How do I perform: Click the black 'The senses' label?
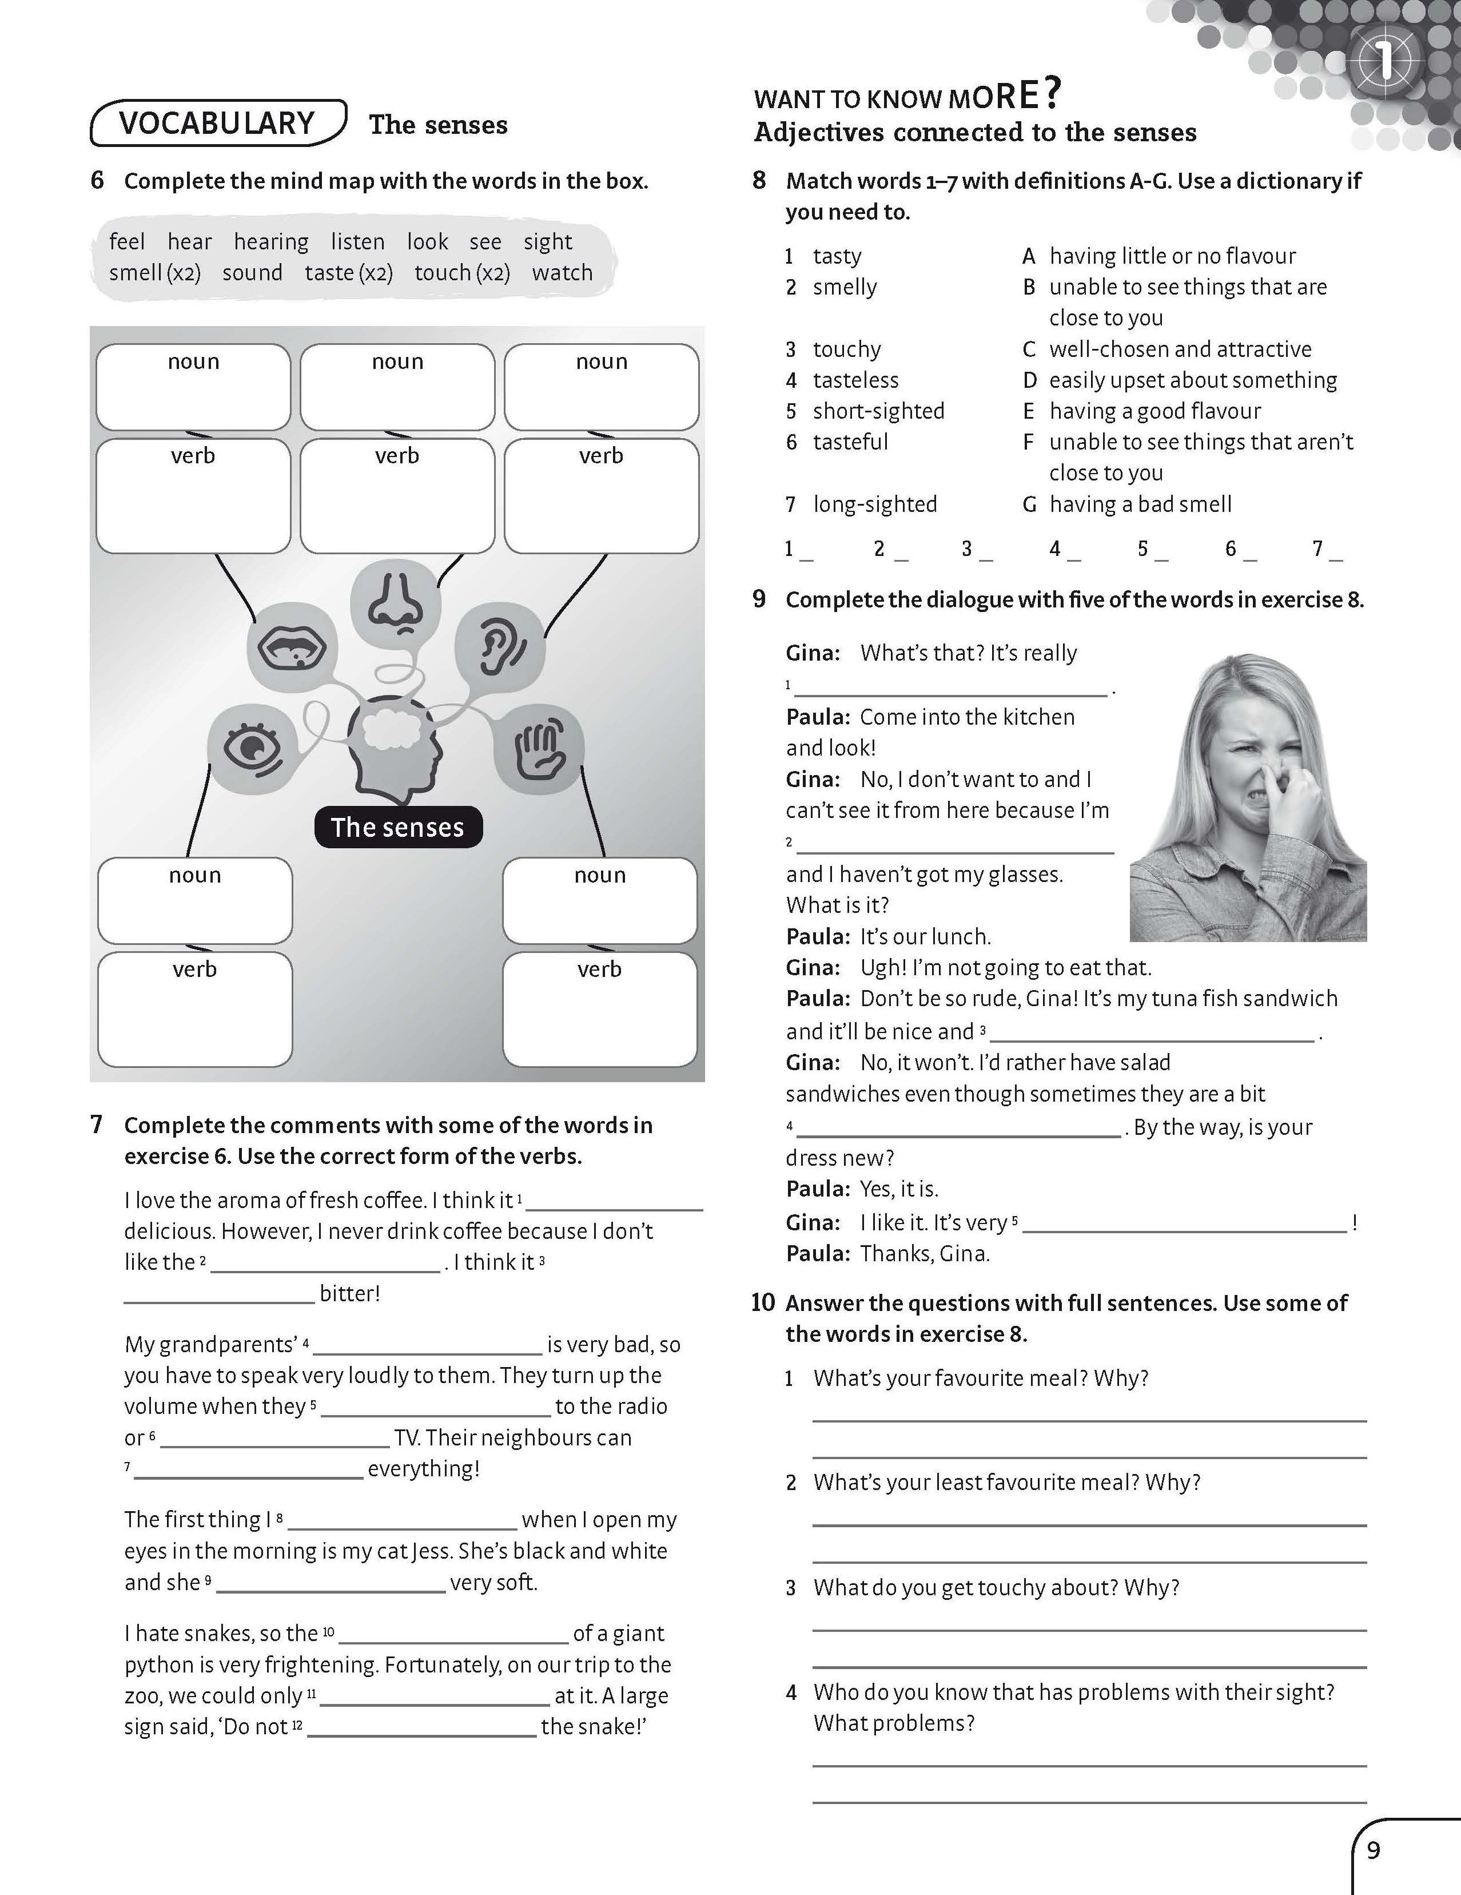[x=397, y=827]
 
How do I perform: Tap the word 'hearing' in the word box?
[x=270, y=241]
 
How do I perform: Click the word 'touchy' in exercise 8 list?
[x=847, y=349]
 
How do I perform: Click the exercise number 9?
[x=759, y=599]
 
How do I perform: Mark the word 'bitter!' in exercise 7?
[x=349, y=1294]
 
